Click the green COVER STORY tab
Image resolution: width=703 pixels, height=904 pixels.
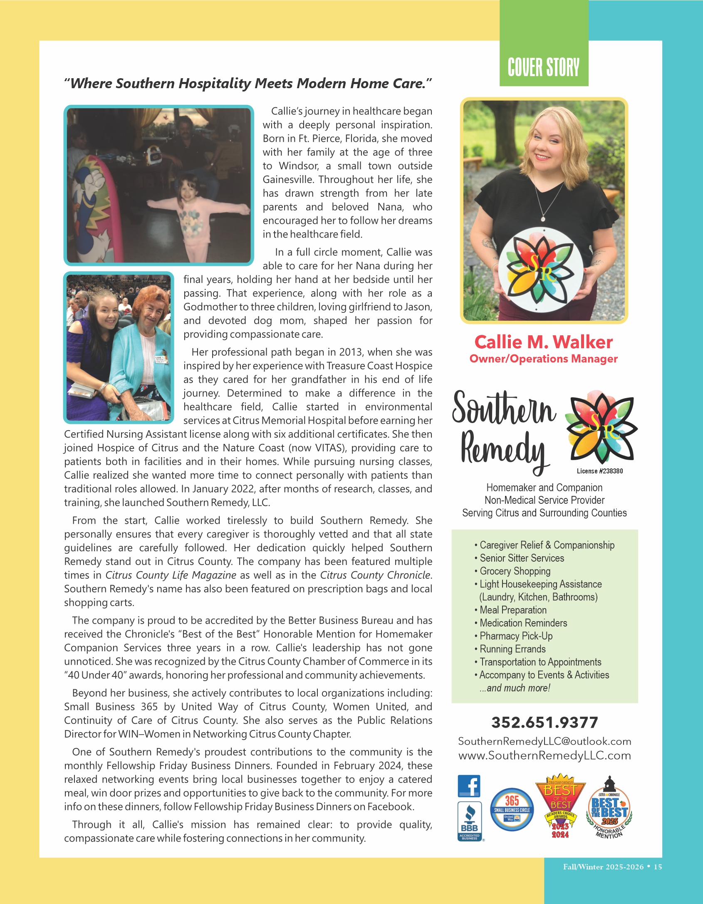543,67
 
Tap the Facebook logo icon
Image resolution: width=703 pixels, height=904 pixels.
469,786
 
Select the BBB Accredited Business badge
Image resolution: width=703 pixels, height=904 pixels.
470,821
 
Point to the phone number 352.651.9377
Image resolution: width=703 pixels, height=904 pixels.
545,723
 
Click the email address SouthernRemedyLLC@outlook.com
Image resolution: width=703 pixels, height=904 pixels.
545,741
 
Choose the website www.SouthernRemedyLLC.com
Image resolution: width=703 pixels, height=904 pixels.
545,755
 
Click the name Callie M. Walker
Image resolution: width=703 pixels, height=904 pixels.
543,342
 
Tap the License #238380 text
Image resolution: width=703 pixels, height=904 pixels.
599,471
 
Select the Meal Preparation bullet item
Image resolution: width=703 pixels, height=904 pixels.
513,610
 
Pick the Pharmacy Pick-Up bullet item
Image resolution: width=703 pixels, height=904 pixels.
516,636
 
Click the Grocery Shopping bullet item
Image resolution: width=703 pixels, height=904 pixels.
515,571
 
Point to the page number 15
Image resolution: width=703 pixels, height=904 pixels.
658,867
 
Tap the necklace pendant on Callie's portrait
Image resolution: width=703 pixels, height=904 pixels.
543,218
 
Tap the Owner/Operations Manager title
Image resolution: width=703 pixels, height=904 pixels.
543,359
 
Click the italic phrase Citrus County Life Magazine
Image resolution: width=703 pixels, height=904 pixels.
171,575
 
